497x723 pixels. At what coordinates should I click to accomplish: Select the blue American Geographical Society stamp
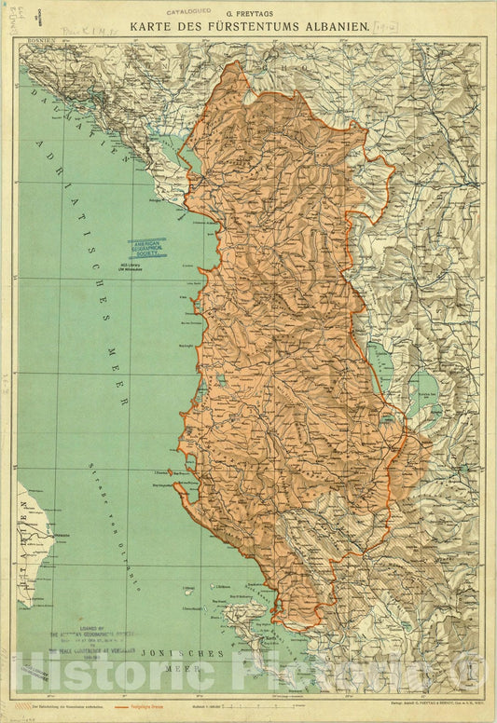[150, 246]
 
